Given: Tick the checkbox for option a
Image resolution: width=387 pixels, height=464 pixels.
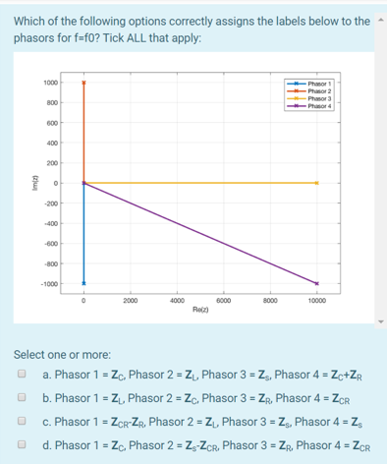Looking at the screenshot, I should click(21, 375).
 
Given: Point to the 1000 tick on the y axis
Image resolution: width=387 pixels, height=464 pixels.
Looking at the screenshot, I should click(49, 83).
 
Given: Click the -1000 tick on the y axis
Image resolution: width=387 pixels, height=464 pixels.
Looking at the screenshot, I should click(48, 284).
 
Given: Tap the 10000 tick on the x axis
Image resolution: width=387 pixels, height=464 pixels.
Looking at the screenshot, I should click(316, 300).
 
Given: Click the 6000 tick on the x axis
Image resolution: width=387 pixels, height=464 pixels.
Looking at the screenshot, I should click(223, 300).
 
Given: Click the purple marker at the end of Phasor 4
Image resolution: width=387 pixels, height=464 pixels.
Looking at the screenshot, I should click(316, 283).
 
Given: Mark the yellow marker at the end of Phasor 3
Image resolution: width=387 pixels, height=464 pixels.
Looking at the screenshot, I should click(316, 183).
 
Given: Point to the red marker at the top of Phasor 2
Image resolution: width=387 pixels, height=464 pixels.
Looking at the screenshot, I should click(83, 83).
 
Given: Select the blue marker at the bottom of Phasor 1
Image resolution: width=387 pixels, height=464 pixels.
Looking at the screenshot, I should click(83, 283).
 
